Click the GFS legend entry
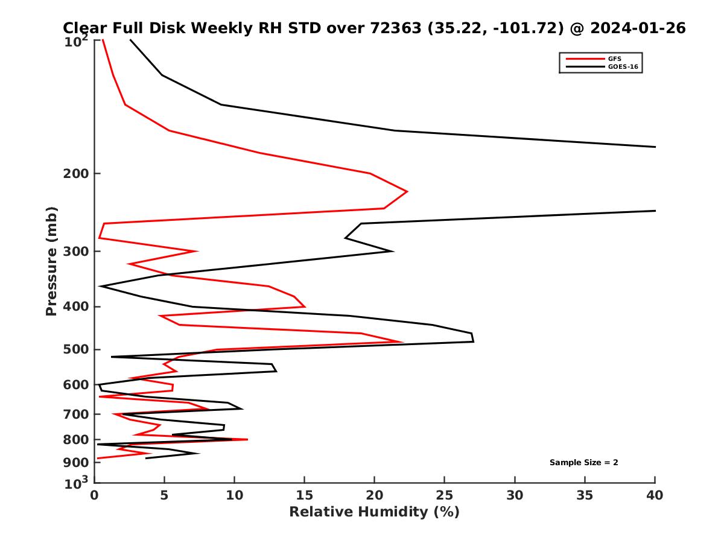pyautogui.click(x=614, y=59)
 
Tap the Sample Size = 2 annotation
pyautogui.click(x=583, y=463)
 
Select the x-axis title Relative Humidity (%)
pyautogui.click(x=374, y=512)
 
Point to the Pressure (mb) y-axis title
pyautogui.click(x=51, y=261)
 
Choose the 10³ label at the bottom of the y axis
pyautogui.click(x=77, y=483)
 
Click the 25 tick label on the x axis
pyautogui.click(x=445, y=496)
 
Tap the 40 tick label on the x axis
pyautogui.click(x=655, y=496)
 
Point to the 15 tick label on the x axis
pyautogui.click(x=304, y=496)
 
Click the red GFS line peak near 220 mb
pyautogui.click(x=407, y=191)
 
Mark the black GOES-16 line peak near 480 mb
pyautogui.click(x=474, y=341)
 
